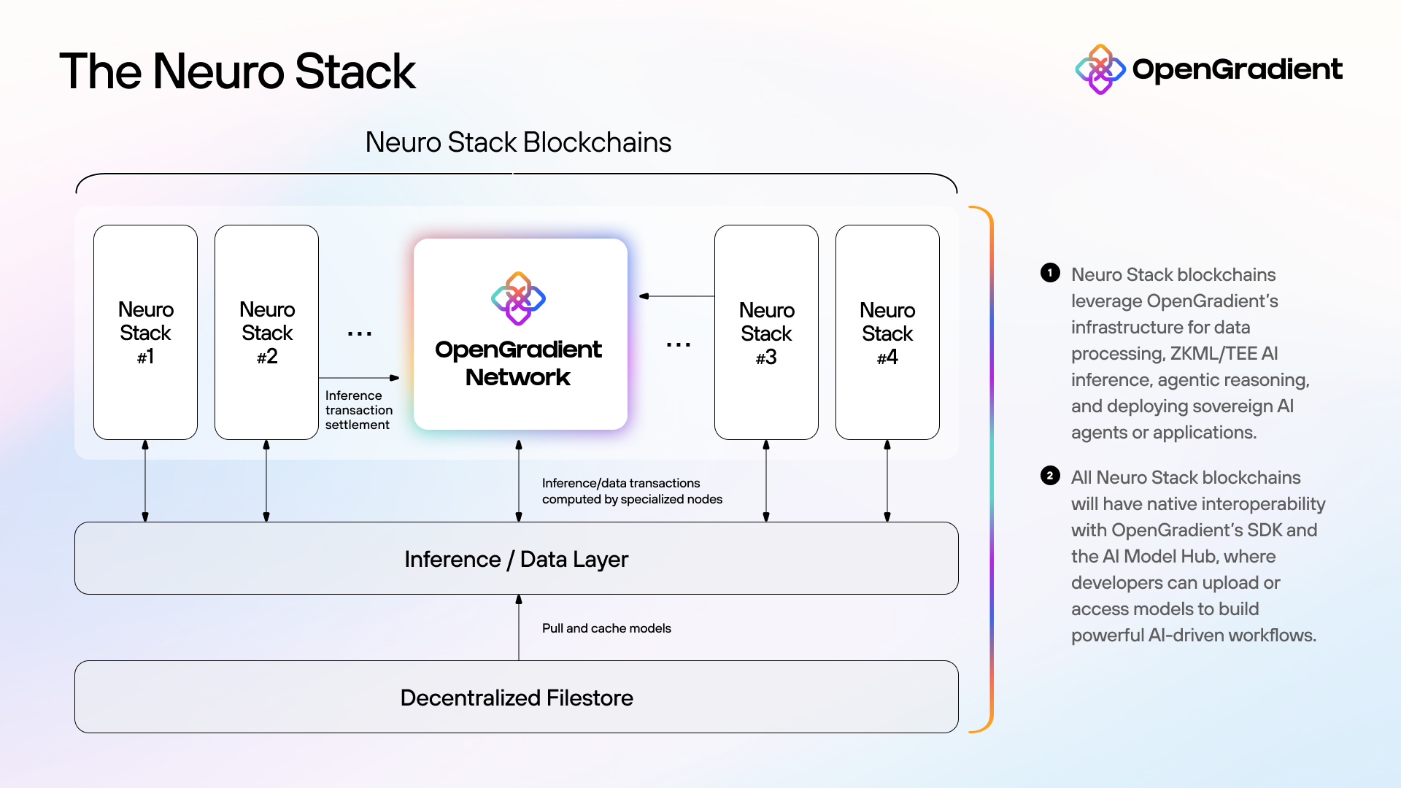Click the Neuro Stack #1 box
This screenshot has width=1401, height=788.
[x=145, y=332]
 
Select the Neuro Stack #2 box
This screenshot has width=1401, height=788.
[x=266, y=332]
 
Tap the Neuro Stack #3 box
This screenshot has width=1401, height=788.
[x=766, y=333]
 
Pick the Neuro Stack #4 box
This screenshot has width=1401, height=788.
[x=887, y=333]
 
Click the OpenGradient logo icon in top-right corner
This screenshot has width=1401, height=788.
[x=1100, y=69]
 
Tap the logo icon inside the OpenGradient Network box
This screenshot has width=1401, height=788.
[x=518, y=298]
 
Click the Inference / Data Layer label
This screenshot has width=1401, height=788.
[x=516, y=559]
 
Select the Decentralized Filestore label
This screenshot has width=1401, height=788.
[x=516, y=698]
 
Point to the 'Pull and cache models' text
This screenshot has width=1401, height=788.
[x=606, y=628]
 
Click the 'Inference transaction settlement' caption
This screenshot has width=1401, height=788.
[x=358, y=410]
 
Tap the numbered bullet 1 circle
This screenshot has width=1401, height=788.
[x=1050, y=273]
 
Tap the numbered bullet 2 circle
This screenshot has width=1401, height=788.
[x=1050, y=476]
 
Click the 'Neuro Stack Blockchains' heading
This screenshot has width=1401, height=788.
[x=518, y=142]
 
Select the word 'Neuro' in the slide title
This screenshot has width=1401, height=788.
[x=218, y=72]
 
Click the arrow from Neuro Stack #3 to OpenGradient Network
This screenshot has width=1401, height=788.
[x=676, y=296]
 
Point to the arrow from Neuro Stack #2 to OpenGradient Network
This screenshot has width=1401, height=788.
[x=359, y=378]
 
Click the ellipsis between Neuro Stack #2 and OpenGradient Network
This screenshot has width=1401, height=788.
[x=360, y=334]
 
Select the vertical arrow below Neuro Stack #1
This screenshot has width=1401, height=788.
[x=145, y=481]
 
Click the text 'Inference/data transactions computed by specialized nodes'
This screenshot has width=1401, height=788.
[x=631, y=491]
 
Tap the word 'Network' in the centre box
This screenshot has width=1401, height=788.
[x=517, y=377]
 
